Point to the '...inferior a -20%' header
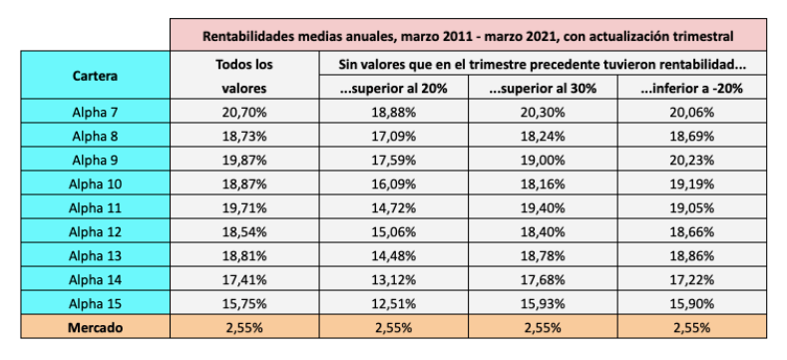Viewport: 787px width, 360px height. coord(693,88)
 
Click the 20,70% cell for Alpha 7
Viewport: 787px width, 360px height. coord(244,112)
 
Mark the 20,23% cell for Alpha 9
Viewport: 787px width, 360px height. coord(693,160)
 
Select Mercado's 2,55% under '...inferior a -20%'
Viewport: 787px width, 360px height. coord(693,327)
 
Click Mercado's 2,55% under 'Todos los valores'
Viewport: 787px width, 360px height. coord(244,327)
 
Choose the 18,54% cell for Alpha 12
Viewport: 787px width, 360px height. coord(244,231)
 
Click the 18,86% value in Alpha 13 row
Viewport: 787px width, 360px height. coord(693,255)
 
